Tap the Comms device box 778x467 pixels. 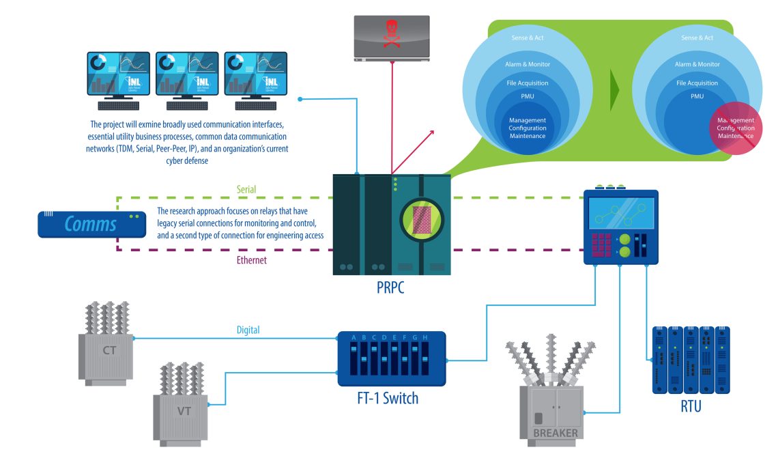tap(91, 224)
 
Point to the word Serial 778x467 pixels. tap(246, 188)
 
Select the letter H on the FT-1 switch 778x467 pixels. tap(425, 337)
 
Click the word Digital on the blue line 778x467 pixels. tap(248, 330)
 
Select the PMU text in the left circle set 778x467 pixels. tap(527, 97)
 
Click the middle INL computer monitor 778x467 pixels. tap(187, 73)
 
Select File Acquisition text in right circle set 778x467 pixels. tap(697, 83)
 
